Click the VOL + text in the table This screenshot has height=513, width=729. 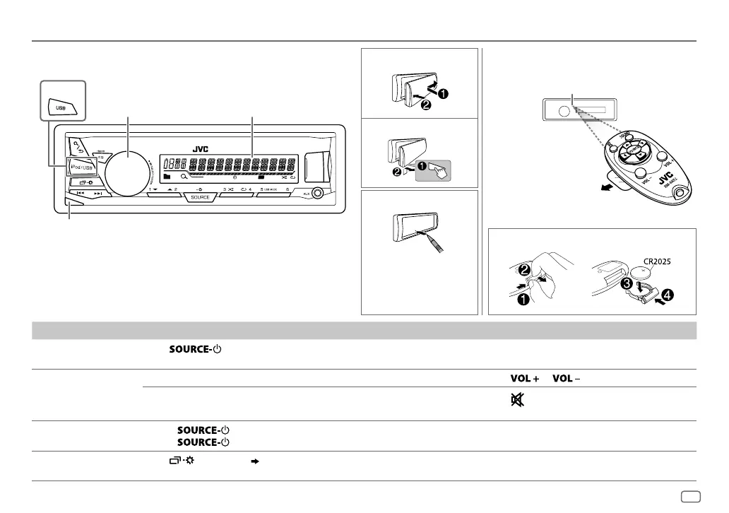(x=521, y=379)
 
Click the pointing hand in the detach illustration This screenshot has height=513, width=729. (x=436, y=169)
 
